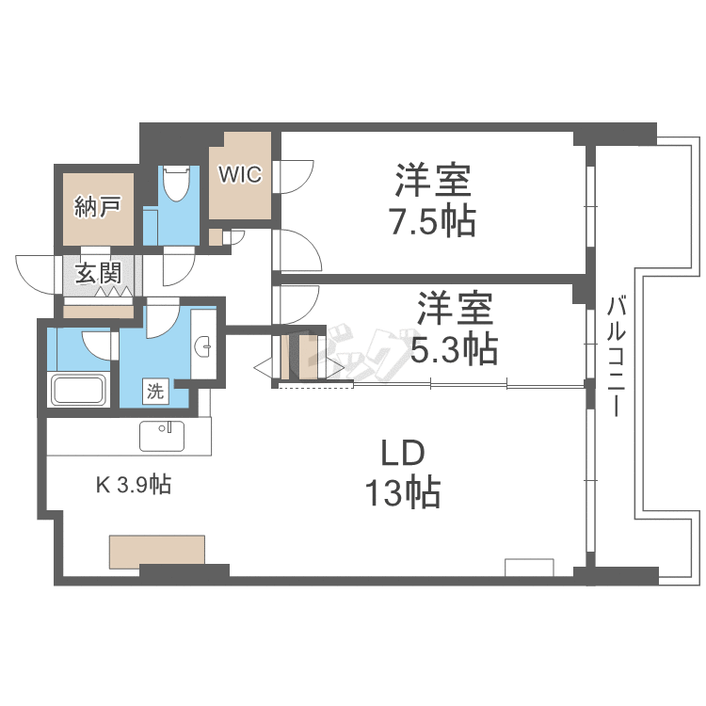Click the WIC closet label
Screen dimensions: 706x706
(x=240, y=174)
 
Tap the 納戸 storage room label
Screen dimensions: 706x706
(x=98, y=207)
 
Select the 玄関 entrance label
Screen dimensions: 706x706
(x=98, y=273)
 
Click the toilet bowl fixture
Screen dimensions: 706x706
(x=176, y=184)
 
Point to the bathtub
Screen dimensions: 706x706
(x=79, y=390)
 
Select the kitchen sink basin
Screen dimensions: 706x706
(x=162, y=436)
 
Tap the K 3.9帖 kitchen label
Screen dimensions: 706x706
(x=134, y=485)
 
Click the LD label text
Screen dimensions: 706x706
(x=403, y=453)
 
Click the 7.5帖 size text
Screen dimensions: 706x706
(x=433, y=220)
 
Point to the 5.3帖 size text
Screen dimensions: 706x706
(x=455, y=348)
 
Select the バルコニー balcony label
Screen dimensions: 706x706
(x=616, y=356)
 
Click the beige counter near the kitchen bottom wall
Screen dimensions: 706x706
(x=157, y=551)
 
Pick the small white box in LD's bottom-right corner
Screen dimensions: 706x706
(x=529, y=568)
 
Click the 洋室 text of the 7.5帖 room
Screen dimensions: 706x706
(x=433, y=181)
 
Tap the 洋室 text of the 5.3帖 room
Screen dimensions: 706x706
(x=456, y=309)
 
